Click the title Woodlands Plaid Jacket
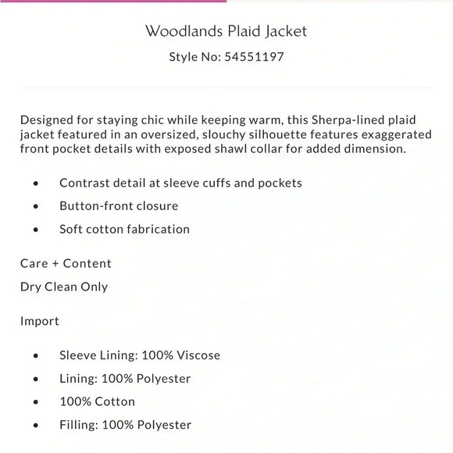[226, 32]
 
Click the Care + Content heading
[66, 263]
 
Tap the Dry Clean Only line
[64, 287]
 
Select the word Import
[40, 321]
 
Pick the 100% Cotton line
[97, 401]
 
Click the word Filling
[77, 425]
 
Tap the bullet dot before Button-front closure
[37, 207]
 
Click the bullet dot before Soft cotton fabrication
[37, 230]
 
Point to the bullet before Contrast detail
[37, 184]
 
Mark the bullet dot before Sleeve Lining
[37, 355]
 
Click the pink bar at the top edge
[113, 1]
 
